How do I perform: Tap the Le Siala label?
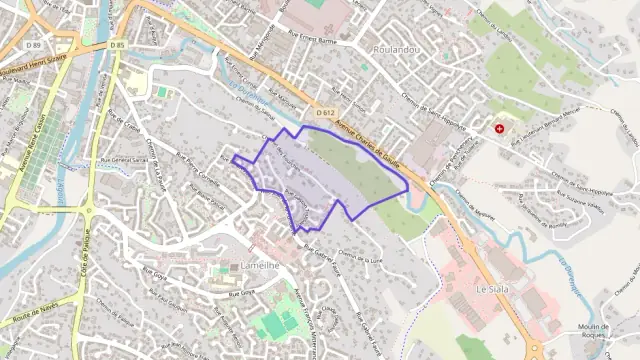(x=493, y=288)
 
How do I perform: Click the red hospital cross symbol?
(x=498, y=129)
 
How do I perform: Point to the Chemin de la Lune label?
(x=360, y=257)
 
